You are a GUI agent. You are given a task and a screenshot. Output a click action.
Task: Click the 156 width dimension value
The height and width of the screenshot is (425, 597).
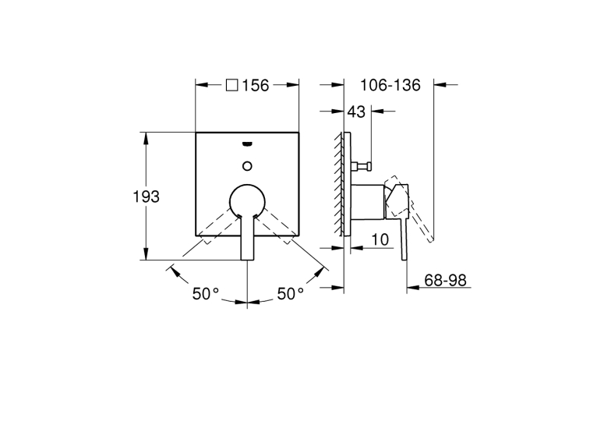pos(256,85)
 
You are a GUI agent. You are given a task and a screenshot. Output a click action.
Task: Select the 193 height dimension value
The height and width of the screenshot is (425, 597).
pos(146,197)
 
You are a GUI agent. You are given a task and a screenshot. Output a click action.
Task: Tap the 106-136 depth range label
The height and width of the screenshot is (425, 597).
pos(390,85)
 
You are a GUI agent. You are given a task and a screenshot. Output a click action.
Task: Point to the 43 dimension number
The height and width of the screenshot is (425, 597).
pos(356,112)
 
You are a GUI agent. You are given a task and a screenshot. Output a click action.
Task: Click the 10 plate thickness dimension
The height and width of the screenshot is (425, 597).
pos(380,239)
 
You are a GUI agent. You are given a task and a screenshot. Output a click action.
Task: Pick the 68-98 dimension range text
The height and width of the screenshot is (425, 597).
pos(445,280)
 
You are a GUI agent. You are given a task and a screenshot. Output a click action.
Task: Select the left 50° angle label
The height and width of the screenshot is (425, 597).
pos(205,294)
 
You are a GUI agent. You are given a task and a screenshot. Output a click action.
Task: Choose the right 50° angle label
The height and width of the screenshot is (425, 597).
pos(290,294)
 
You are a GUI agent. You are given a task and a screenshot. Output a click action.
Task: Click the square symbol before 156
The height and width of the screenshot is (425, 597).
pos(232,85)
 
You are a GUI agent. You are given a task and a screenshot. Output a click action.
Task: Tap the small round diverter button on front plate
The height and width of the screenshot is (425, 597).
pos(248,166)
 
